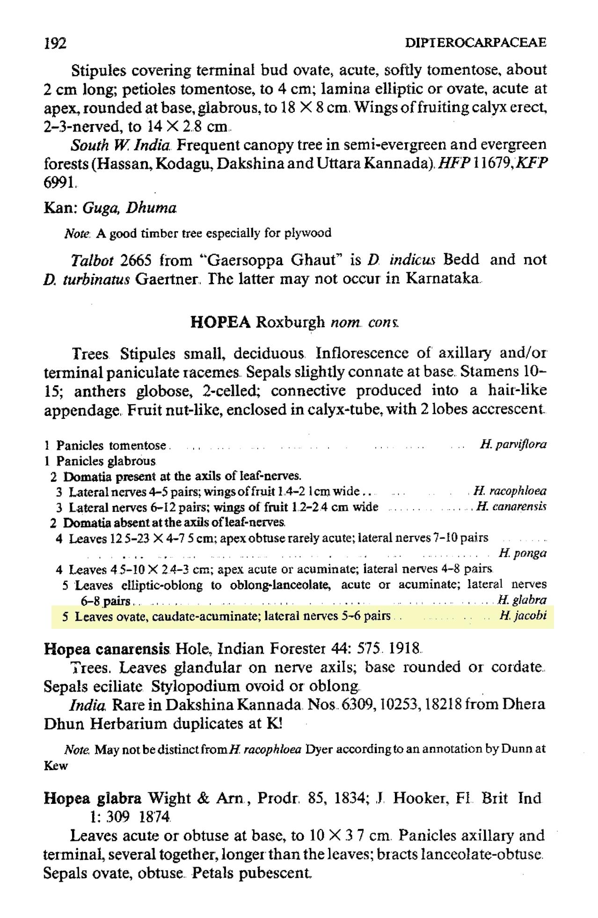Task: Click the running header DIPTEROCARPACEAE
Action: click(x=475, y=43)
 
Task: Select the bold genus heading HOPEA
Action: click(x=221, y=322)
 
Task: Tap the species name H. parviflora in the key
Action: click(x=513, y=444)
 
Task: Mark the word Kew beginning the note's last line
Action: click(x=56, y=766)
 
